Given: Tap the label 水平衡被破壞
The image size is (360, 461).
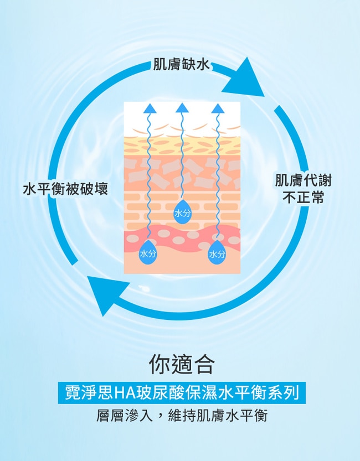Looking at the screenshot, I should coord(65,189).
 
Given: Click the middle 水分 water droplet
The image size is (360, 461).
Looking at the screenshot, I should coord(182,213).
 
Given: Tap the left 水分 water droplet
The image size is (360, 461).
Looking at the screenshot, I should coord(148,253).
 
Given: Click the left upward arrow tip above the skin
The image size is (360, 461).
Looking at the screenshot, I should coord(148,107).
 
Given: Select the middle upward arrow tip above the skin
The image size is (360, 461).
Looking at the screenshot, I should coord(182,107).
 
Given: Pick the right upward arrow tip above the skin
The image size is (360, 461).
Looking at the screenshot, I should coord(217,107).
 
